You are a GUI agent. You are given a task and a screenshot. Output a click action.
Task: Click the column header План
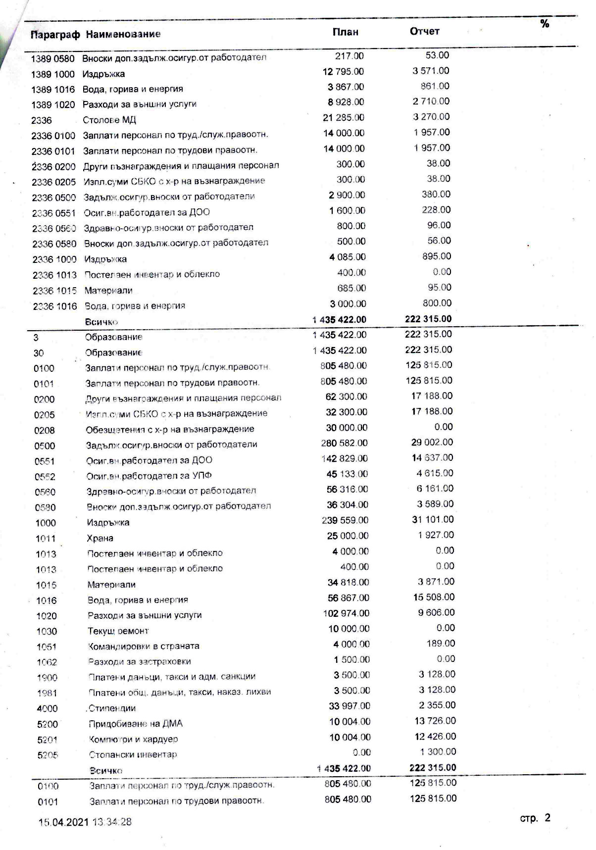pyautogui.click(x=345, y=32)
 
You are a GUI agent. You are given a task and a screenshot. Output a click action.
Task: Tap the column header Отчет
pyautogui.click(x=424, y=31)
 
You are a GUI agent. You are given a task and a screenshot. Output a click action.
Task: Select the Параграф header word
pyautogui.click(x=55, y=35)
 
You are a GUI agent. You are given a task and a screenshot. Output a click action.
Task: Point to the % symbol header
pyautogui.click(x=545, y=24)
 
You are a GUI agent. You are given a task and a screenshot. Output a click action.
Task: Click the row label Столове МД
pyautogui.click(x=109, y=120)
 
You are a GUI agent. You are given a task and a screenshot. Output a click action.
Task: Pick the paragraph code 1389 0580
pyautogui.click(x=52, y=58)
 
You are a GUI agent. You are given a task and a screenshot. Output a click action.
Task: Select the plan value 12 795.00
pyautogui.click(x=343, y=71)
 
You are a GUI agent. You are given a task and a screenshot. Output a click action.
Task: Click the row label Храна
pyautogui.click(x=100, y=538)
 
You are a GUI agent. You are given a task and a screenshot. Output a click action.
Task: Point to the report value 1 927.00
pyautogui.click(x=435, y=535)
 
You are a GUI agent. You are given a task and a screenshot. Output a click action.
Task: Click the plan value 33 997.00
pyautogui.click(x=349, y=706)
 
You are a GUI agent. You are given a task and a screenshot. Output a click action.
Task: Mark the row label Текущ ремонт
pyautogui.click(x=118, y=631)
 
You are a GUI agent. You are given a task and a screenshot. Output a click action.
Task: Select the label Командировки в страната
pyautogui.click(x=144, y=646)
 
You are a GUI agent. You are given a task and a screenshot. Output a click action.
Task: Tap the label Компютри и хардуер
pyautogui.click(x=133, y=739)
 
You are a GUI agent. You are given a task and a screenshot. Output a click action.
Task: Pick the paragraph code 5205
pyautogui.click(x=48, y=755)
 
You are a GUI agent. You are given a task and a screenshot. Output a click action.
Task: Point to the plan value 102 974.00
pyautogui.click(x=346, y=613)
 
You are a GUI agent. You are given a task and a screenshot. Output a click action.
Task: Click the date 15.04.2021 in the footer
pyautogui.click(x=64, y=822)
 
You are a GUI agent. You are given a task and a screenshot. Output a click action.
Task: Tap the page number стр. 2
pyautogui.click(x=535, y=818)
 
